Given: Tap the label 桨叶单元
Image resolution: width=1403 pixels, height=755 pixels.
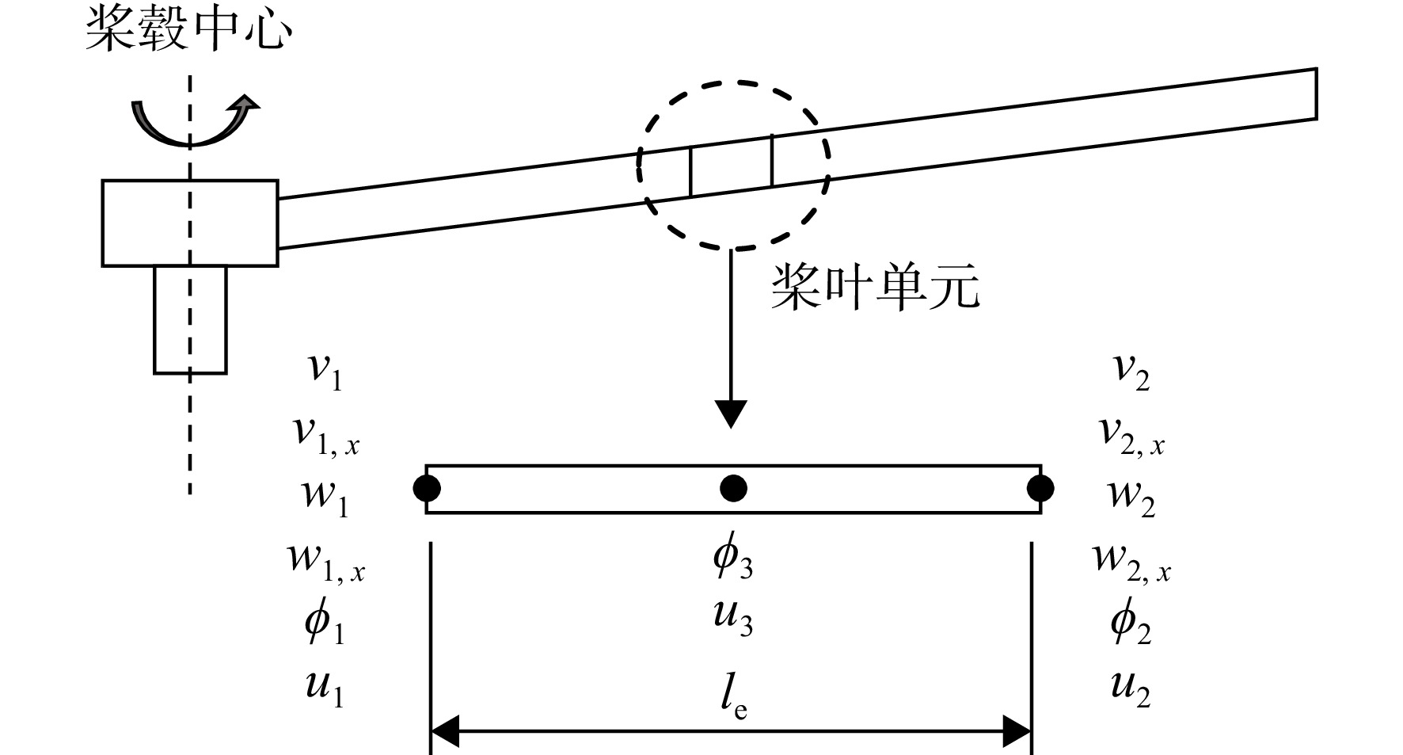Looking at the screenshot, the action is [875, 288].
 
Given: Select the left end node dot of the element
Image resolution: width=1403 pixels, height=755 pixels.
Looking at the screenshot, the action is [427, 488].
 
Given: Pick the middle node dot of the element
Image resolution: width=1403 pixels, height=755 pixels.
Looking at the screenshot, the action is [733, 488].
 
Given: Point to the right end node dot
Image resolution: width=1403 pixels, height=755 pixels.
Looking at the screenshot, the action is [1040, 488].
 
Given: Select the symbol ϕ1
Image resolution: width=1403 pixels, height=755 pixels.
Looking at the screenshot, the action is [325, 623].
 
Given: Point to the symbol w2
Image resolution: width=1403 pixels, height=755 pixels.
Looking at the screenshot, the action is [1131, 497].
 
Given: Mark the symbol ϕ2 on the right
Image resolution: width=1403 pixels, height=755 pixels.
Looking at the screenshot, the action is [1131, 623].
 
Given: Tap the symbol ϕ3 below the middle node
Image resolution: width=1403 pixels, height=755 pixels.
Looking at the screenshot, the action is [733, 558].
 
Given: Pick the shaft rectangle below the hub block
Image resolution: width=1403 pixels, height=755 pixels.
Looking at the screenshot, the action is [190, 319].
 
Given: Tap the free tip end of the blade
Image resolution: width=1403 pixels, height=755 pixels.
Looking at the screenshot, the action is [1317, 93].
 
